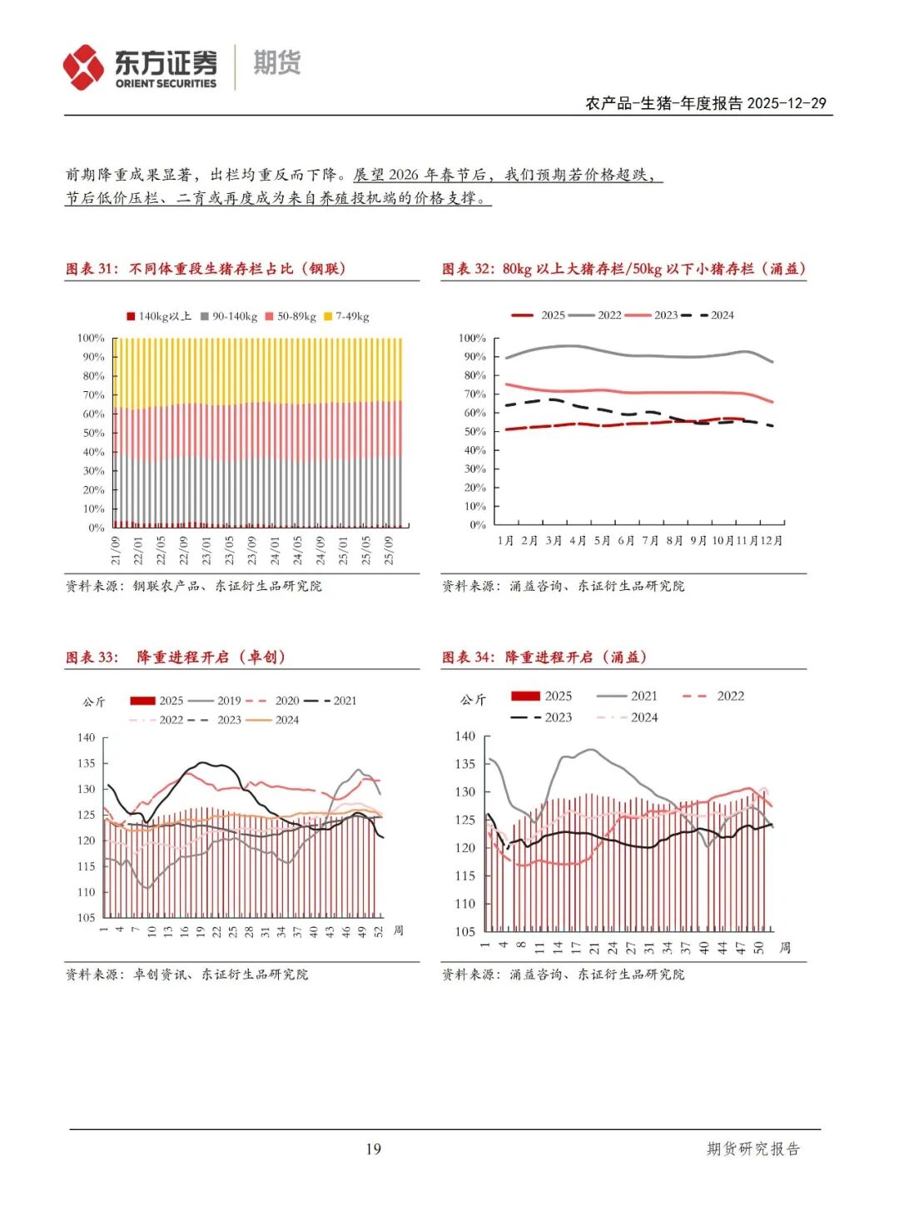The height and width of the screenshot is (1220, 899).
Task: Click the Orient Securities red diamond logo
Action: click(x=83, y=67)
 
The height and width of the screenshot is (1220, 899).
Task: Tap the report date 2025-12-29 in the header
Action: click(x=787, y=103)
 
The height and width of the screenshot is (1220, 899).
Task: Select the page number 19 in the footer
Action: click(x=373, y=1149)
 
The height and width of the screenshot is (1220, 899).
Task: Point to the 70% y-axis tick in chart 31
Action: click(x=93, y=394)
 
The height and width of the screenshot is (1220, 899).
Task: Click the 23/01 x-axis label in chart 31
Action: click(x=207, y=550)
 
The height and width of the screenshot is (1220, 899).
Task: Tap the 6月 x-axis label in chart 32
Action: click(x=626, y=541)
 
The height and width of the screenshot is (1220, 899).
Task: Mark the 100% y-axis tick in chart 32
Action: click(x=472, y=338)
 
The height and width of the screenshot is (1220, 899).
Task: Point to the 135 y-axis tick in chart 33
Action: click(x=87, y=763)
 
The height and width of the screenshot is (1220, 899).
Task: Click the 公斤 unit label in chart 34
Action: click(x=473, y=700)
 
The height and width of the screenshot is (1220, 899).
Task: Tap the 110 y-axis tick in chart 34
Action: click(x=465, y=904)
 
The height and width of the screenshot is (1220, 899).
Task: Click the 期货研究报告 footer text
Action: click(x=752, y=1149)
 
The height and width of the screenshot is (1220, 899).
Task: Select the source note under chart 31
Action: click(x=194, y=586)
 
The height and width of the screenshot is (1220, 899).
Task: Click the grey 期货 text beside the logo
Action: click(x=276, y=63)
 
